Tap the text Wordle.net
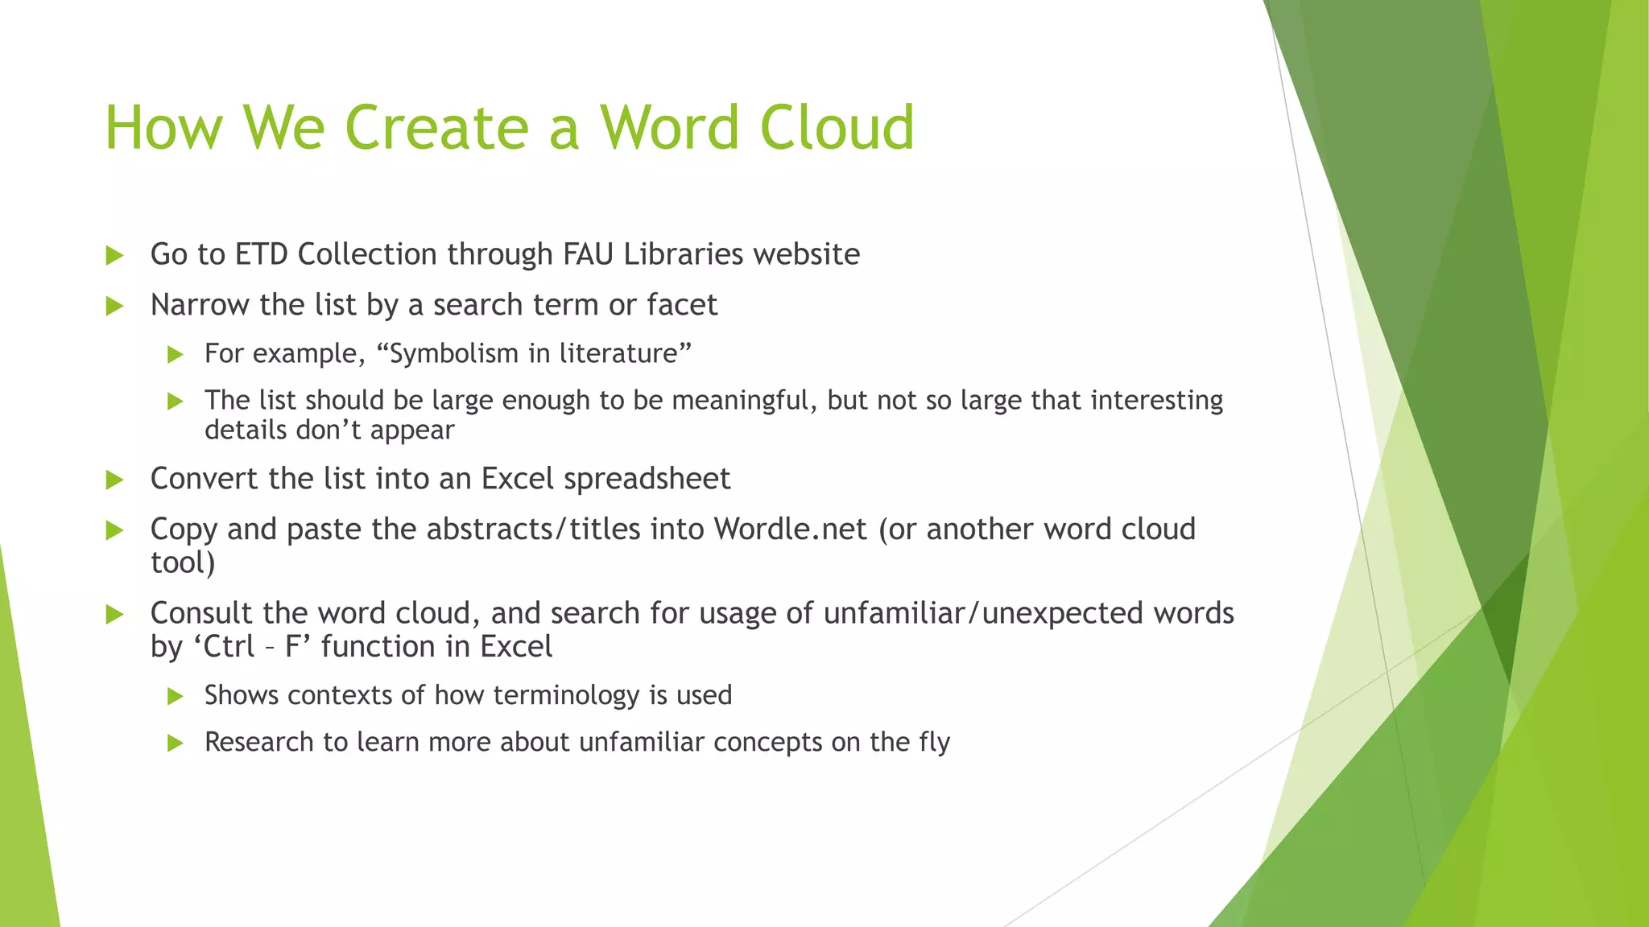(x=791, y=529)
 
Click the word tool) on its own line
(x=183, y=562)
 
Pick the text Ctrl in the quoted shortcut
(x=229, y=647)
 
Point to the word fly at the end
(x=934, y=742)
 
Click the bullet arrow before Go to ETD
(x=114, y=256)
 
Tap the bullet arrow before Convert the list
(x=114, y=480)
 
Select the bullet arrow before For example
(x=175, y=355)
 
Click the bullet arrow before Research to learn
(x=175, y=743)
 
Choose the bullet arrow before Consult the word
(x=114, y=615)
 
